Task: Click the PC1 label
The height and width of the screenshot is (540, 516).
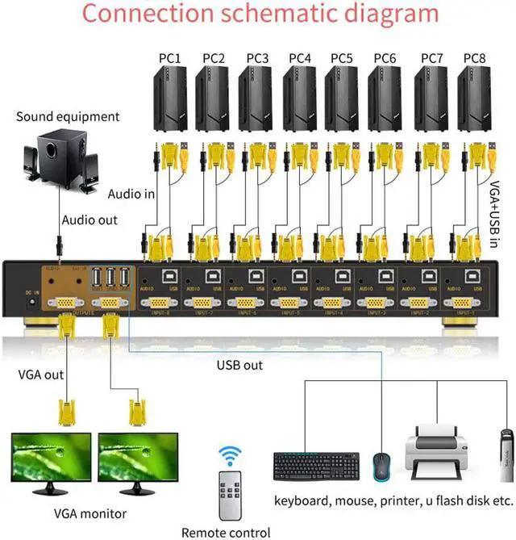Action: click(x=169, y=58)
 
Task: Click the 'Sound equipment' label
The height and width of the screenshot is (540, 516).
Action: click(x=68, y=117)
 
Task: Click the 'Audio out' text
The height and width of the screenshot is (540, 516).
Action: click(x=89, y=220)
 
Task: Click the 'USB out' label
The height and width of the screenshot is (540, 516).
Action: click(x=239, y=365)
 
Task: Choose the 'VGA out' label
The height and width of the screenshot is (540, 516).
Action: click(x=41, y=375)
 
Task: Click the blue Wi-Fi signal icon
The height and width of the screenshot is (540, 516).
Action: click(x=231, y=457)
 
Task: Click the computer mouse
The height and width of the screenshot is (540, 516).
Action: click(x=381, y=468)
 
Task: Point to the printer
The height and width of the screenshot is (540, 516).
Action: click(x=439, y=456)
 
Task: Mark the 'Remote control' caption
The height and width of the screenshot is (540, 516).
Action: click(x=225, y=532)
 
